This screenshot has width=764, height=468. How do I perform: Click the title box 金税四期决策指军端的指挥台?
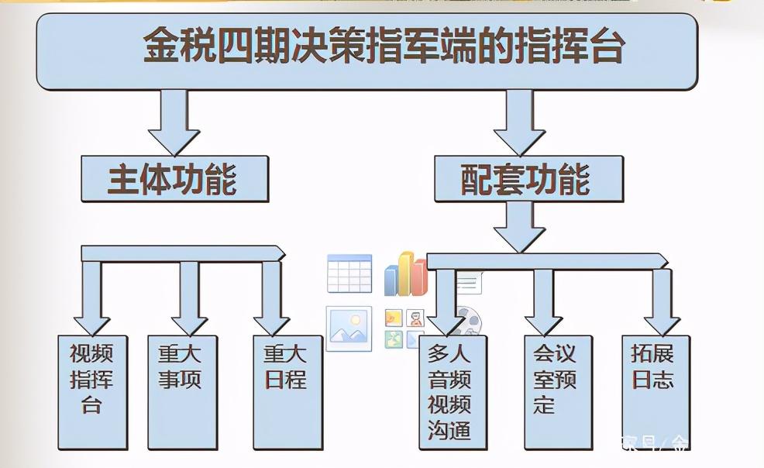[367, 50]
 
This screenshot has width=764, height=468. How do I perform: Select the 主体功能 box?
[174, 179]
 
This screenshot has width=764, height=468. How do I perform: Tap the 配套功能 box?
[528, 179]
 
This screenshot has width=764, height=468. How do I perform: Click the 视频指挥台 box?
[92, 391]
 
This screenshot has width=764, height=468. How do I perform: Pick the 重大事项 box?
[182, 391]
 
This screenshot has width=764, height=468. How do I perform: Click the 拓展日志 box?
[655, 391]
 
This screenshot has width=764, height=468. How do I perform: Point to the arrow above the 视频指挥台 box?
[91, 298]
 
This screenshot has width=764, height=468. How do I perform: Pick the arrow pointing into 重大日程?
[271, 298]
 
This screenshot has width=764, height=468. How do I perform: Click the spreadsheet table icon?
[349, 274]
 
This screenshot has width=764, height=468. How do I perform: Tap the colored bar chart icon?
[405, 274]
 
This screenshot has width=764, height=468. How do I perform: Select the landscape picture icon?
[348, 328]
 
